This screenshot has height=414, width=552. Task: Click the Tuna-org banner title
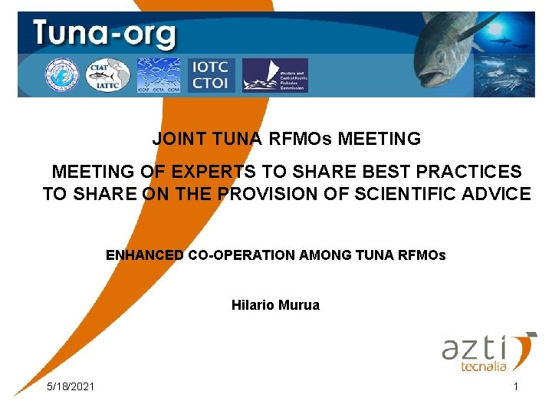tap(104, 35)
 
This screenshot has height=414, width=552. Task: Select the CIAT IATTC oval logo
tap(107, 74)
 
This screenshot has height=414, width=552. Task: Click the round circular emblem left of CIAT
tap(61, 74)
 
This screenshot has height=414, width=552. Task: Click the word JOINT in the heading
tap(177, 140)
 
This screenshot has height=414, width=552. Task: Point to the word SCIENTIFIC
tap(409, 194)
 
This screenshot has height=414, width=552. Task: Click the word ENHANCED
tap(145, 255)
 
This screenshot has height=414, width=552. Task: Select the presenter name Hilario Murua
tap(275, 305)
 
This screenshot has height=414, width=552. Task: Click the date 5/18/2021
tap(71, 386)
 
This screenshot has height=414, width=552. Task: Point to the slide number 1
tap(516, 386)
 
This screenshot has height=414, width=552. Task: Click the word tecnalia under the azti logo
tap(482, 367)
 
